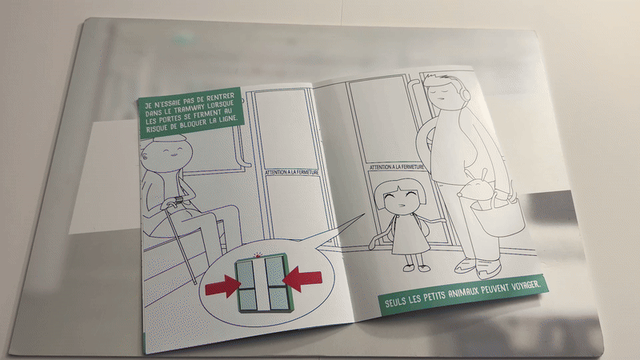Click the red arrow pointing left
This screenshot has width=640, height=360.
coord(302,278)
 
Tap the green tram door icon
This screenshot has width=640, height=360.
coord(262,281)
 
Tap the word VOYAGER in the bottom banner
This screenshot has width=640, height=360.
coord(524,285)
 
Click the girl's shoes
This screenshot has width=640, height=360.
coord(414,263)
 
